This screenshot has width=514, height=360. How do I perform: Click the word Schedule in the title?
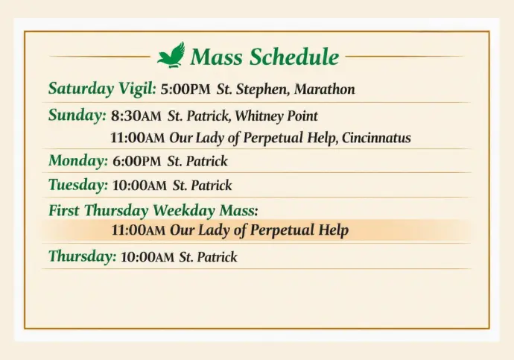294,57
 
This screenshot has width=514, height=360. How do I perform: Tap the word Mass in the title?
217,57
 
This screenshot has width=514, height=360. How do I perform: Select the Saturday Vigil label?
102,89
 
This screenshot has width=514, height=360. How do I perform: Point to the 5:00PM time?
185,89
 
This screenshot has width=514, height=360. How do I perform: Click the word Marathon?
325,89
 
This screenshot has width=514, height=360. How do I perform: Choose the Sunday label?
77,115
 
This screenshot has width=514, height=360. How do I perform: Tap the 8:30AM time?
136,116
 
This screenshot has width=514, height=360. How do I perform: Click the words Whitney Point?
276,116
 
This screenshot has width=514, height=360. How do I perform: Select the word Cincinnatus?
376,138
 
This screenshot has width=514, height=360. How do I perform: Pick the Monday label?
78,161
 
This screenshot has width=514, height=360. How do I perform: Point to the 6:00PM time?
137,161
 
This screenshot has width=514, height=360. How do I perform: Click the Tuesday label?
78,185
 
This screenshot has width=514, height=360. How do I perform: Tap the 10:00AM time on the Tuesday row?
139,186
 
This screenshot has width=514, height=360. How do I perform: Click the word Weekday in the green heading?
184,210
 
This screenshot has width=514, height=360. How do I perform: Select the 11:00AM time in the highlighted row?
139,230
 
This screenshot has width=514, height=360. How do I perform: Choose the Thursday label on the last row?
82,256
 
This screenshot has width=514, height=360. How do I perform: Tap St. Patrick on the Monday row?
197,161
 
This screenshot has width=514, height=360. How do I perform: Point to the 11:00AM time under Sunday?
137,138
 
